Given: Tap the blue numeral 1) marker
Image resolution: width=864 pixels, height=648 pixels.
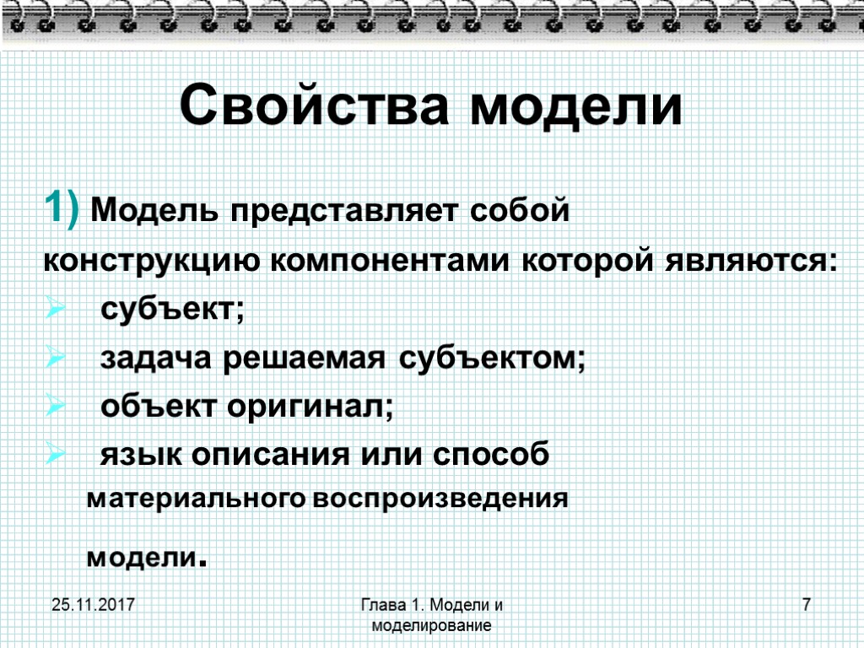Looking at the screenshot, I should (62, 207).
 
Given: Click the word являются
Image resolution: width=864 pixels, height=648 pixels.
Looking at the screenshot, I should (747, 262).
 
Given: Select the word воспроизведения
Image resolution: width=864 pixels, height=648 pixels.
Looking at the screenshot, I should (440, 499).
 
